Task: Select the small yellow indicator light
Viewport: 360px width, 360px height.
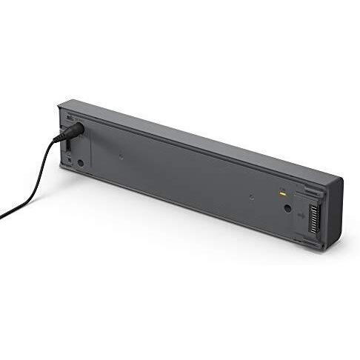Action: click(x=282, y=194)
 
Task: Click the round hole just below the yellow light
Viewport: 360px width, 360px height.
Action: click(x=287, y=208)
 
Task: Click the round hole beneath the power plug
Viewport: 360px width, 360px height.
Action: click(x=79, y=162)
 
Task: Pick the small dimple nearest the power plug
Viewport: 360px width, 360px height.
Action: click(x=121, y=156)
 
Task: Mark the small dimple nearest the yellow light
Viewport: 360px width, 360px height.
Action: click(x=251, y=196)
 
